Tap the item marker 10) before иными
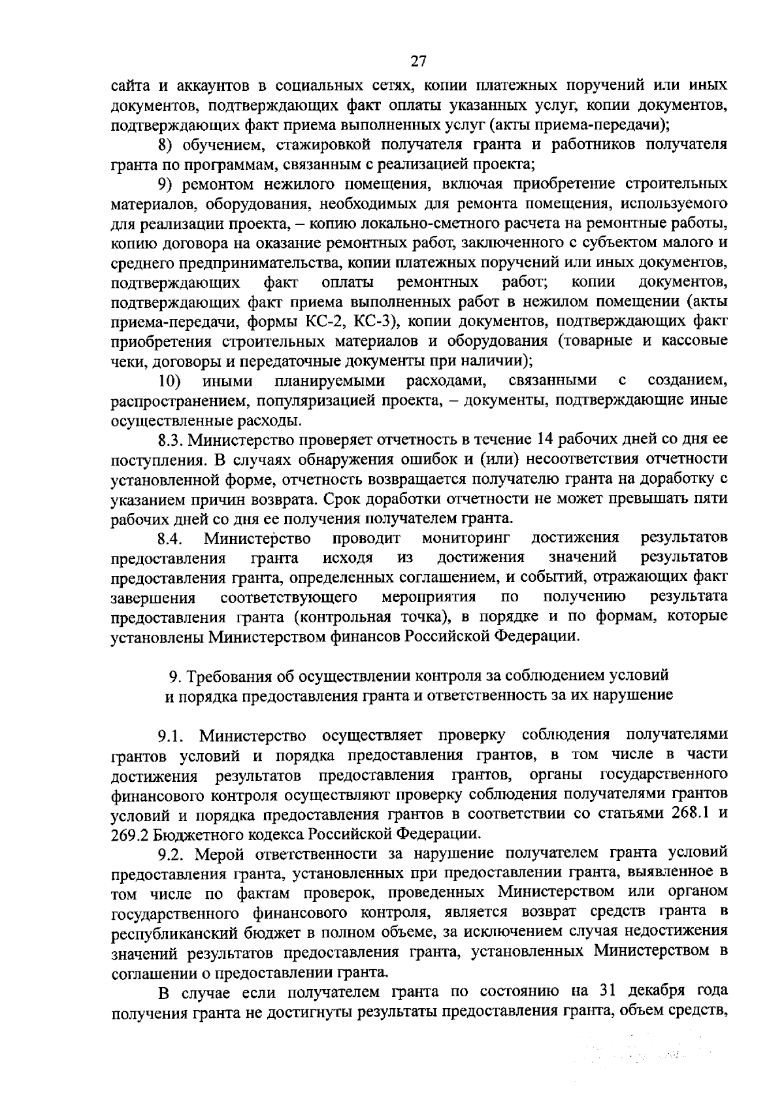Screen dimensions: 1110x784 point(170,380)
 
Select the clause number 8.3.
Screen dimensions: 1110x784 point(171,439)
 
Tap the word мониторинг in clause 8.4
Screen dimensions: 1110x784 point(465,538)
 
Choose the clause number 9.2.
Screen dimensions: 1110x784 point(173,854)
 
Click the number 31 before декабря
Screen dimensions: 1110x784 point(607,991)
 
